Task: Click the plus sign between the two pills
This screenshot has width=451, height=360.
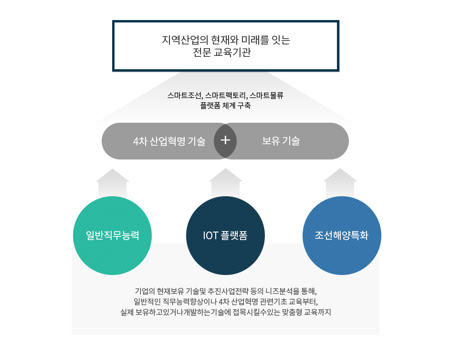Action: coord(225,140)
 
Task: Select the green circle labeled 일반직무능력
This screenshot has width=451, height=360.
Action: coord(112,235)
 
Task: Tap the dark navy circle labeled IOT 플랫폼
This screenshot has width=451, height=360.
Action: coord(225,235)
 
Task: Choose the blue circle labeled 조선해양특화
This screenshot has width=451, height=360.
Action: coord(342,235)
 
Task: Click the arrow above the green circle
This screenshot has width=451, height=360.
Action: coord(113,183)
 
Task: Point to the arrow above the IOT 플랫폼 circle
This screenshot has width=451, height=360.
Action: coord(225,183)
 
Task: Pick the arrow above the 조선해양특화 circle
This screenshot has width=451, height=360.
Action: coord(340,183)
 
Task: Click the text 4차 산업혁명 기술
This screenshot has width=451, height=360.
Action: coord(169,141)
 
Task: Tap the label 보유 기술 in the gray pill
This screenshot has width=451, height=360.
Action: coord(281,141)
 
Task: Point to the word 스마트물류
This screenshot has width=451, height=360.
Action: coord(266,95)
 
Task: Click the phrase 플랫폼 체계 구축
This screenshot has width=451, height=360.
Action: coord(225,106)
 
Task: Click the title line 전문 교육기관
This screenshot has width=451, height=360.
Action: coord(222,53)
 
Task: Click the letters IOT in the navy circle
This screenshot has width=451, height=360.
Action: coord(210,235)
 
